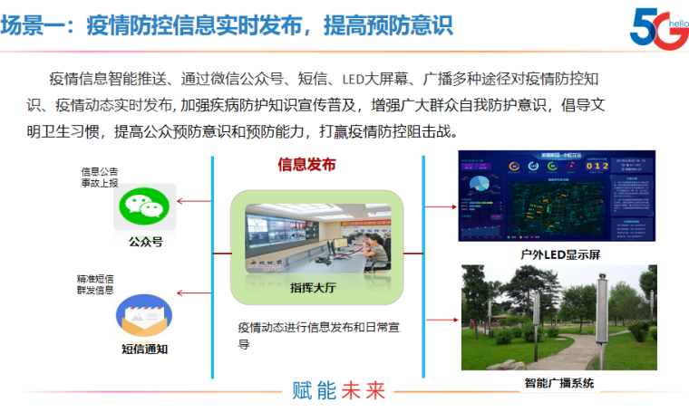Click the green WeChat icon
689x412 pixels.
pyautogui.click(x=144, y=207)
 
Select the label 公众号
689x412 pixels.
pyautogui.click(x=144, y=242)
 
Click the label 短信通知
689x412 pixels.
pyautogui.click(x=144, y=349)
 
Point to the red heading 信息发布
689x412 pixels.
pyautogui.click(x=306, y=165)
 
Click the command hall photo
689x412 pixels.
pyautogui.click(x=316, y=240)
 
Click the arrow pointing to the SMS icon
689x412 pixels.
pyautogui.click(x=191, y=292)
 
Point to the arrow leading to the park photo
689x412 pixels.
pyautogui.click(x=441, y=319)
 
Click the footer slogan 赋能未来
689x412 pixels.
pyautogui.click(x=339, y=391)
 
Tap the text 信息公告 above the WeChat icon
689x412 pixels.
pyautogui.click(x=99, y=170)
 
